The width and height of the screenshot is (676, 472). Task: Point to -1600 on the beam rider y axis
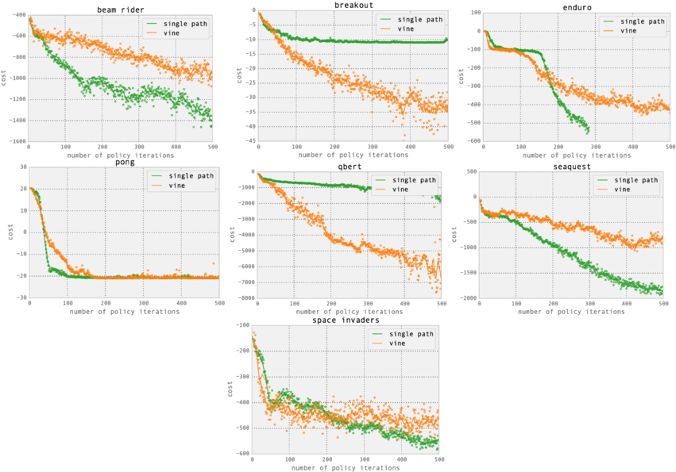[15, 141]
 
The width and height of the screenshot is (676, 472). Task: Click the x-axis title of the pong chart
[124, 311]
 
